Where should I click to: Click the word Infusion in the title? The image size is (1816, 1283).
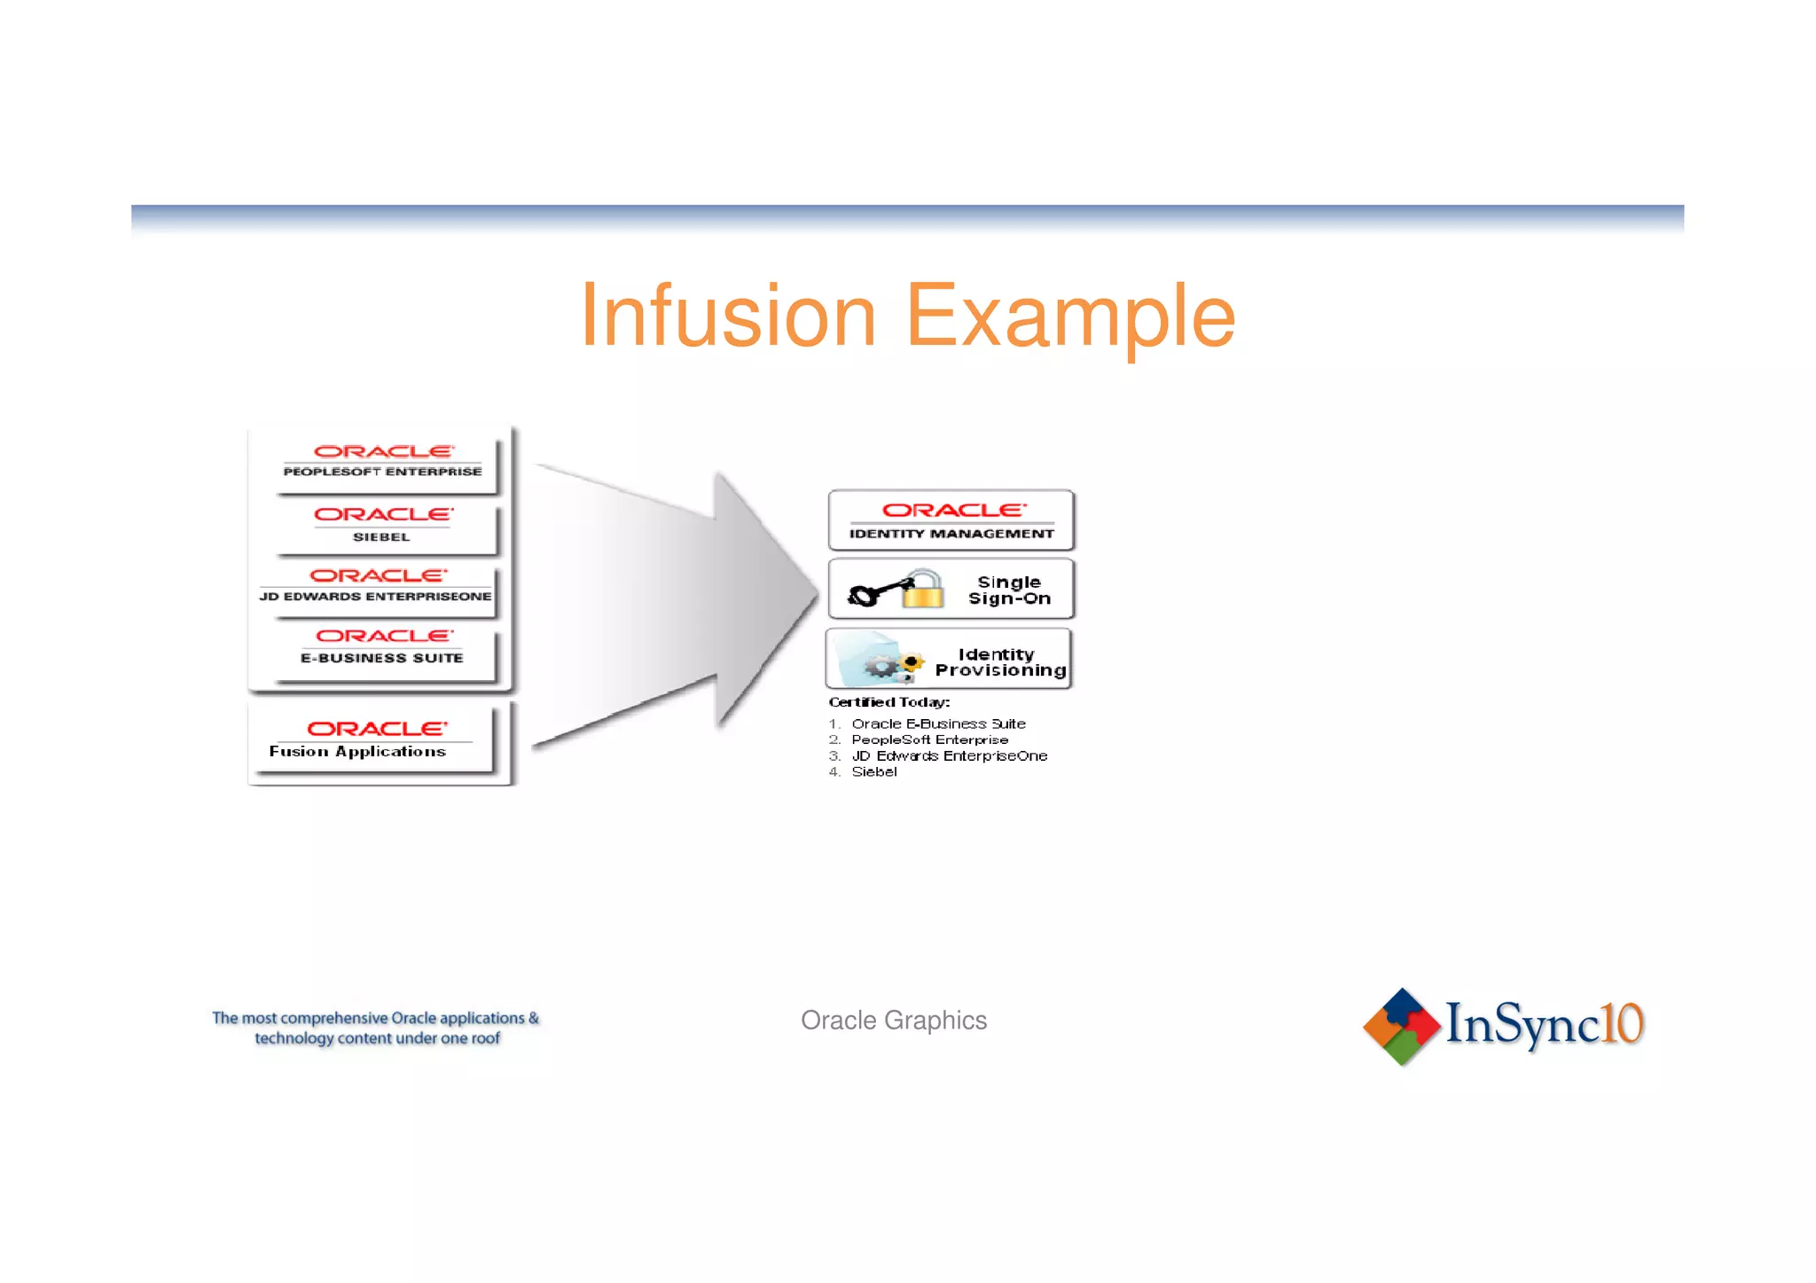coord(728,317)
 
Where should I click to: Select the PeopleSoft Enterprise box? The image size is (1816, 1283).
coord(382,462)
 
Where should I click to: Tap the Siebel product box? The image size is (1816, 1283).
coord(382,525)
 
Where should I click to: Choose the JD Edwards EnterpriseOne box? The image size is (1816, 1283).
coord(376,586)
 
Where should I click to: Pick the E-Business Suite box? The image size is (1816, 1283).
coord(382,647)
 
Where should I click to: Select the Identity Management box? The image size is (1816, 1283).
coord(951,520)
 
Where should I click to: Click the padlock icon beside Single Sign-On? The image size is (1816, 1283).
coord(923,590)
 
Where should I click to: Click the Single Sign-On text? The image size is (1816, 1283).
coord(1009,591)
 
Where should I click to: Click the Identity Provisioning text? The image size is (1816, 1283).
coord(999,662)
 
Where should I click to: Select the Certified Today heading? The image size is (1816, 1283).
coord(888,702)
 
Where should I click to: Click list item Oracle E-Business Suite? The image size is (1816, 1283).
coord(937,724)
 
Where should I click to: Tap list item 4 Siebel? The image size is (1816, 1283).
coord(873,772)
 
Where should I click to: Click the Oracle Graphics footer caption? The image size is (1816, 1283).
coord(894,1021)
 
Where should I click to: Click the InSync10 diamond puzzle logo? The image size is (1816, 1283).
coord(1401,1027)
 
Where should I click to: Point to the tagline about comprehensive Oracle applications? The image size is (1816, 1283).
coord(376,1029)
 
